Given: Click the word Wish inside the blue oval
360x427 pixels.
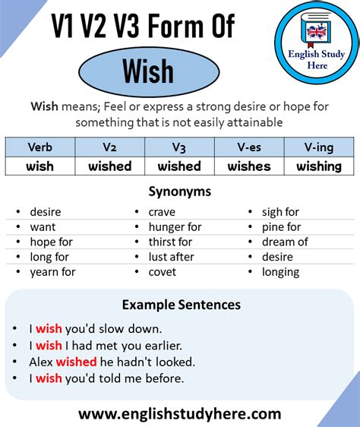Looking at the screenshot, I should pyautogui.click(x=148, y=72).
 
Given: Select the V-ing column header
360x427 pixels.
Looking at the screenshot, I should pyautogui.click(x=319, y=147).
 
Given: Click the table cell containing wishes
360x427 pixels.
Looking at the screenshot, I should pyautogui.click(x=249, y=166).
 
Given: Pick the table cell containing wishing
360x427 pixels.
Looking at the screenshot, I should pyautogui.click(x=319, y=166).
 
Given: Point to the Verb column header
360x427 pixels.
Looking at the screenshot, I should pyautogui.click(x=39, y=147).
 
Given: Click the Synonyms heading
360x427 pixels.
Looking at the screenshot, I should pyautogui.click(x=179, y=192).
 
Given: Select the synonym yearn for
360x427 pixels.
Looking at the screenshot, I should pyautogui.click(x=52, y=272).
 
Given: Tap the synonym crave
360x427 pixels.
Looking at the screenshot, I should pyautogui.click(x=162, y=212).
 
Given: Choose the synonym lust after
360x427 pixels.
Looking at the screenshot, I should pyautogui.click(x=172, y=257).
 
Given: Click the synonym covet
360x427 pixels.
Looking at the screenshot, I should pyautogui.click(x=163, y=272).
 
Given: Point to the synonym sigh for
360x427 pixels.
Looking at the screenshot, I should pyautogui.click(x=280, y=212).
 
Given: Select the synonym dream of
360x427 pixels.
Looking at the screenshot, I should pyautogui.click(x=285, y=242).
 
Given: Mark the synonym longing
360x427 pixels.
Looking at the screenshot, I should pyautogui.click(x=279, y=272).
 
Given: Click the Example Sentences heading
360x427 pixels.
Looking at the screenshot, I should pyautogui.click(x=181, y=305).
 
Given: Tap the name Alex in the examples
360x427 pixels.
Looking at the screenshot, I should pyautogui.click(x=41, y=362).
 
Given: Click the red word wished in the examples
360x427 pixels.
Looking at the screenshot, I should pyautogui.click(x=76, y=362).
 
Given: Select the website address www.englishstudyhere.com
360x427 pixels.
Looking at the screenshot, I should pyautogui.click(x=179, y=414).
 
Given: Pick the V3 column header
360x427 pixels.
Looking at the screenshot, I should pyautogui.click(x=179, y=147).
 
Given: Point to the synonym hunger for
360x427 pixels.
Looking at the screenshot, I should pyautogui.click(x=175, y=227).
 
